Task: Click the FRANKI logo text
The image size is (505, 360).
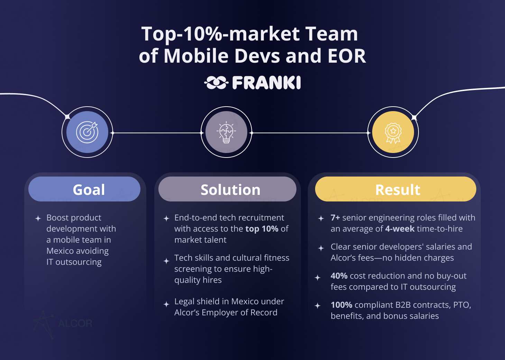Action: click(266, 82)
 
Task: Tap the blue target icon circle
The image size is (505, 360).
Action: click(87, 132)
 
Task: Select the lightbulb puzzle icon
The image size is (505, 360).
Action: click(226, 132)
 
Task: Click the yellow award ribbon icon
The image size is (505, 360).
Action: click(393, 132)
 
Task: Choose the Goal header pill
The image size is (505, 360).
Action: click(84, 189)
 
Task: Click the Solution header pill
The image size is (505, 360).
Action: click(227, 189)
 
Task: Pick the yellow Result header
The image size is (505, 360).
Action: click(396, 189)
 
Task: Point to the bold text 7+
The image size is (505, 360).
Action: click(335, 218)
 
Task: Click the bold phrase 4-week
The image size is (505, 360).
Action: click(400, 229)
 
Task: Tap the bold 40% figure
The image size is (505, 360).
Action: click(339, 276)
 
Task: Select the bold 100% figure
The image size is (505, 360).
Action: click(341, 305)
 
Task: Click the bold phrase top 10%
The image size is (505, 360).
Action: click(262, 229)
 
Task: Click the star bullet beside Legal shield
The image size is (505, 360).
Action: click(166, 304)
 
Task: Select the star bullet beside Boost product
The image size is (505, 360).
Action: click(38, 218)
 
